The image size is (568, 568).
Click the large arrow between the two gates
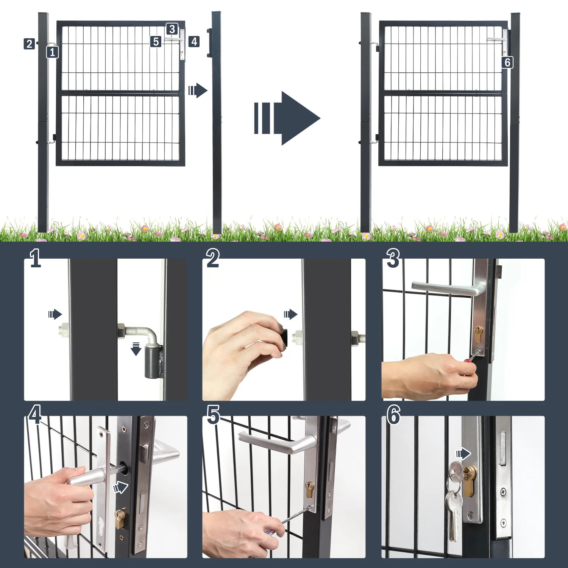pos(287,118)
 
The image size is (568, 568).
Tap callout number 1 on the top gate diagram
pos(53,52)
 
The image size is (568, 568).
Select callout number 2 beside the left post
pos(29,44)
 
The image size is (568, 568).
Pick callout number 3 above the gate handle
pos(172,29)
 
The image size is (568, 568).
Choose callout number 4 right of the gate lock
pos(194,41)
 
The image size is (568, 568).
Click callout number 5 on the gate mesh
pos(156,41)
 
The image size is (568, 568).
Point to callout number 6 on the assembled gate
pos(507,62)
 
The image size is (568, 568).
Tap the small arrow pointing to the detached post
pos(198,91)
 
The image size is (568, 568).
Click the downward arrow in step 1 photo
pos(136,349)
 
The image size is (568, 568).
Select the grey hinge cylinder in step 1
pos(153,362)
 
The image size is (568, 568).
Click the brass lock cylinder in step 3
pos(479,334)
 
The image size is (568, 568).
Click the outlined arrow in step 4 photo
pos(121,487)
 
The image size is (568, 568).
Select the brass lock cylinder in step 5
pos(309,489)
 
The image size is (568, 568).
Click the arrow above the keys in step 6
pos(463,453)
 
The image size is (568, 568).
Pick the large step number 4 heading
pos(35,414)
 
